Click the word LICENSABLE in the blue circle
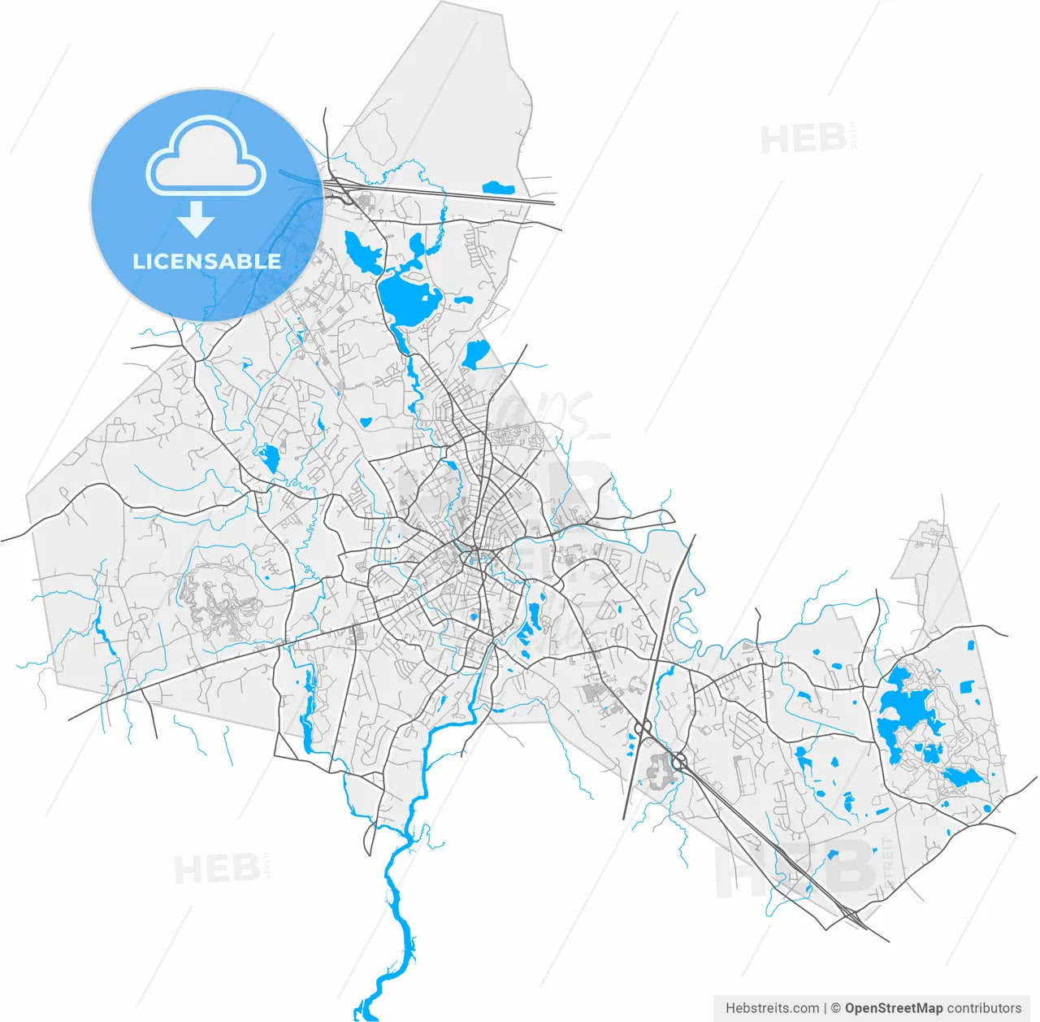206,261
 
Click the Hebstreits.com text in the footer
772,1008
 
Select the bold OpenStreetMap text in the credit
894,1008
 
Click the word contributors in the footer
984,1008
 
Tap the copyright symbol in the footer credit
835,1008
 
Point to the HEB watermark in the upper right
804,140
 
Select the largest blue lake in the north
409,299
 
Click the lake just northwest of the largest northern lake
362,252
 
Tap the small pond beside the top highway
497,189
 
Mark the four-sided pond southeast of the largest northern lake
474,354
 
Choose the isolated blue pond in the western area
268,459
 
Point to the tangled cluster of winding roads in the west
215,598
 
